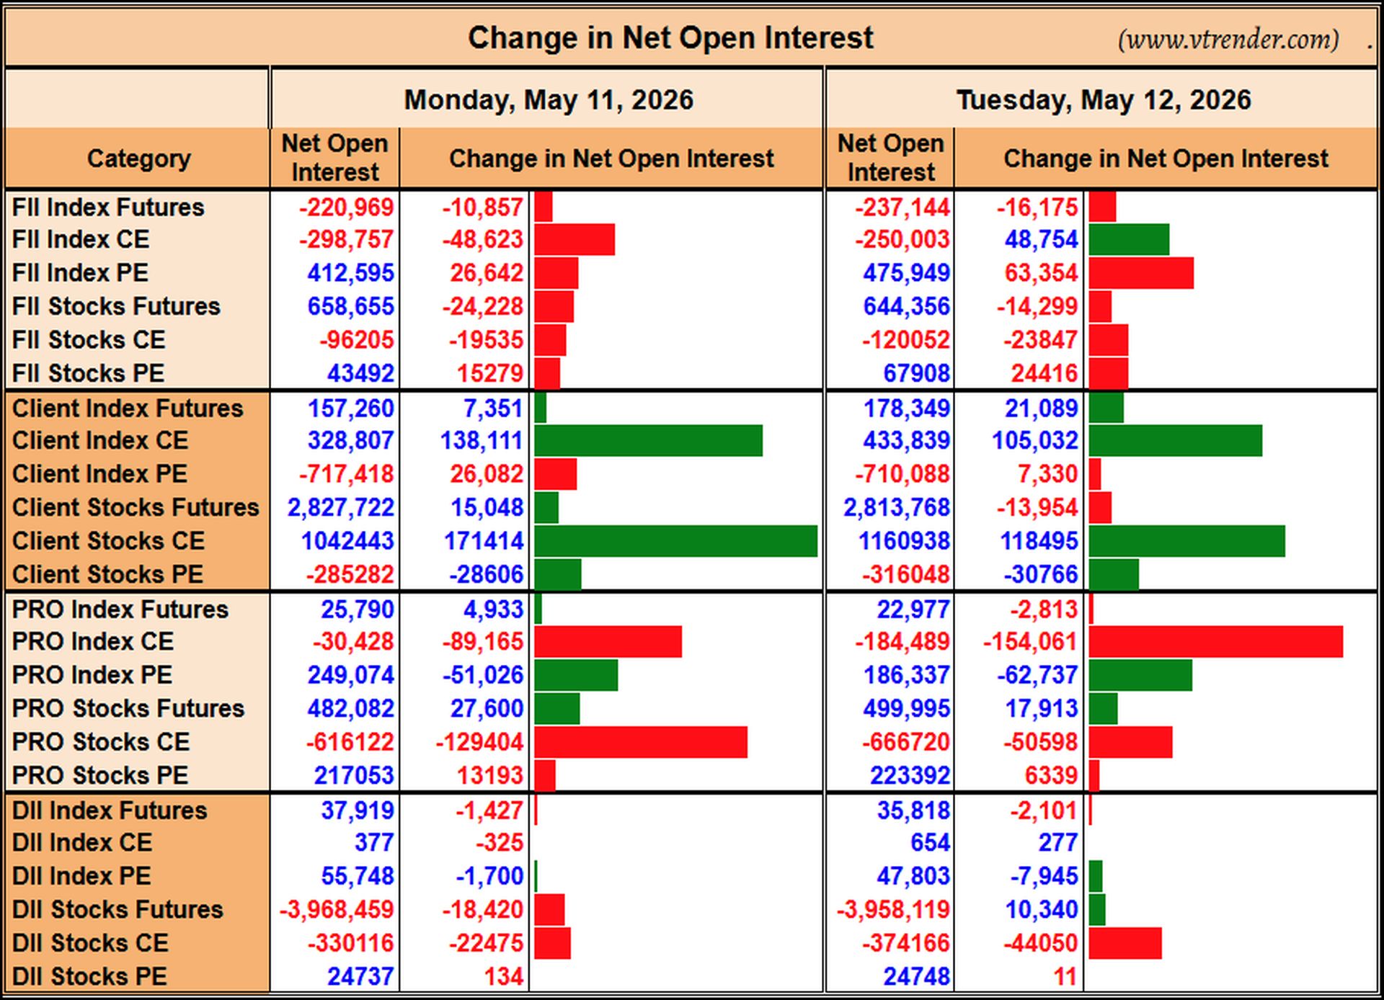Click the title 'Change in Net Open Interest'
(670, 37)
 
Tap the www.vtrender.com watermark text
(1228, 39)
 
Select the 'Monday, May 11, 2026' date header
(549, 99)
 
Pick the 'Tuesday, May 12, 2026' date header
(1104, 99)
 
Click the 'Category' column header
(139, 159)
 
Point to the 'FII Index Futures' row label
(108, 207)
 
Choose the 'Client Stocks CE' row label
(108, 541)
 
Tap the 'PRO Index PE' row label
(92, 675)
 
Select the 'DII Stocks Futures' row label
(117, 909)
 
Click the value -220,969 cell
(347, 207)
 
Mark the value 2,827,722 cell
(341, 507)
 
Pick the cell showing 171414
(483, 541)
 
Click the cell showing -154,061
(1030, 641)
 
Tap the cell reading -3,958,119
(893, 909)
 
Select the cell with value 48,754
(1042, 239)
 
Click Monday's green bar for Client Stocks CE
(676, 541)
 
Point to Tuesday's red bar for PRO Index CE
(1216, 641)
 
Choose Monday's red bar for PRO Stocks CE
(641, 742)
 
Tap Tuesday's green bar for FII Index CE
(1129, 239)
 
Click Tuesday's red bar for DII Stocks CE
(1125, 943)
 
